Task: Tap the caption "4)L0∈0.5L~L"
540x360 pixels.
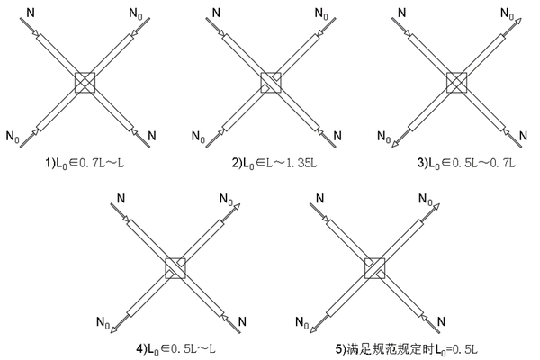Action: point(173,346)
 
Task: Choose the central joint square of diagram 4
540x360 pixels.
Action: point(174,267)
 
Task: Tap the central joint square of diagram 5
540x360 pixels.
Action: point(374,267)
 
